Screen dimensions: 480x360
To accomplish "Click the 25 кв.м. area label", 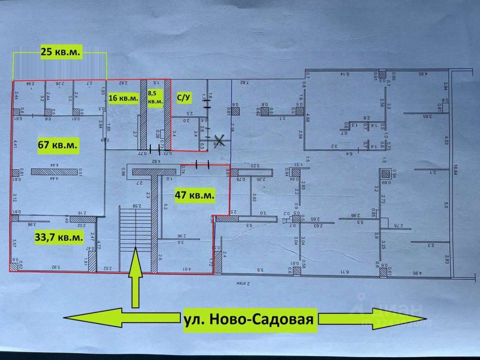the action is click(60, 52).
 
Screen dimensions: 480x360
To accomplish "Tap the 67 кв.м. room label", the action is click(58, 145).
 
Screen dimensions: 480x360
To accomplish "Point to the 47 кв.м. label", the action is click(195, 195).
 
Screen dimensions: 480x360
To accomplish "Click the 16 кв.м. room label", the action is click(123, 99).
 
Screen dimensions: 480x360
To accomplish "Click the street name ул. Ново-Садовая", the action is click(249, 319).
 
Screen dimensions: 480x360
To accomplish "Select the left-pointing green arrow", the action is click(92, 318).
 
